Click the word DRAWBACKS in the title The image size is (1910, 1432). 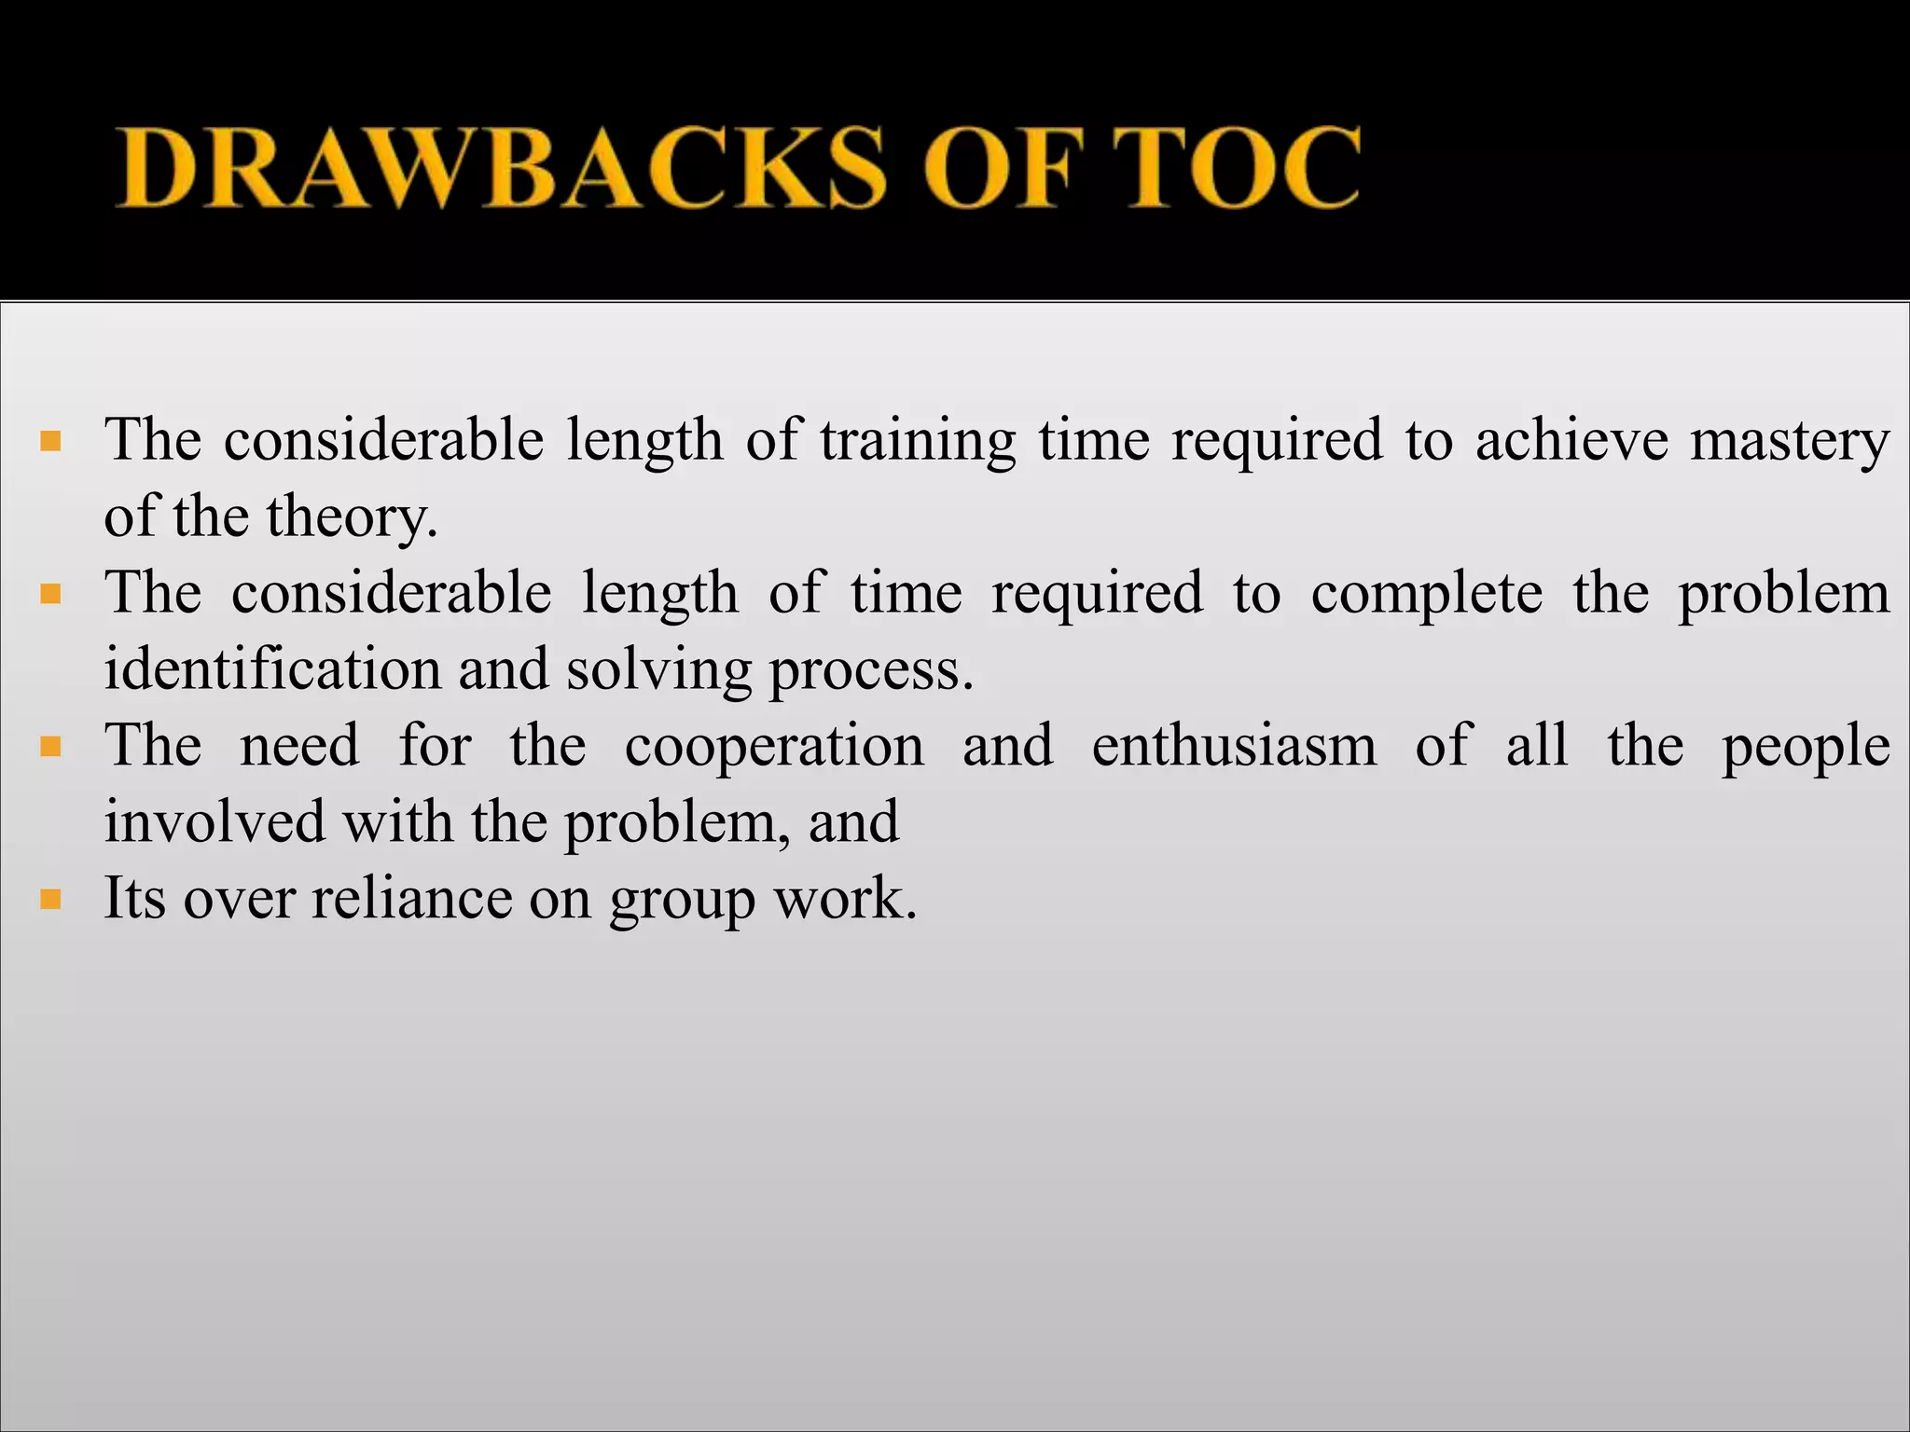pyautogui.click(x=499, y=168)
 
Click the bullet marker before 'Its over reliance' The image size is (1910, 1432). pyautogui.click(x=51, y=900)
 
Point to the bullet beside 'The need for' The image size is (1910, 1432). pyautogui.click(x=51, y=747)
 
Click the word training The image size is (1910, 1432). pyautogui.click(x=918, y=441)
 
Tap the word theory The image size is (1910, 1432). pyautogui.click(x=352, y=517)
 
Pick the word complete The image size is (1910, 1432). pyautogui.click(x=1427, y=594)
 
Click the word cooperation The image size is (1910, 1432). pyautogui.click(x=774, y=747)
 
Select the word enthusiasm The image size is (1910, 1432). pyautogui.click(x=1234, y=747)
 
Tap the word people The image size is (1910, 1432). pyautogui.click(x=1806, y=747)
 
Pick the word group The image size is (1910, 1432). pyautogui.click(x=682, y=900)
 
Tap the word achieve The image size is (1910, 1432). pyautogui.click(x=1571, y=441)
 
